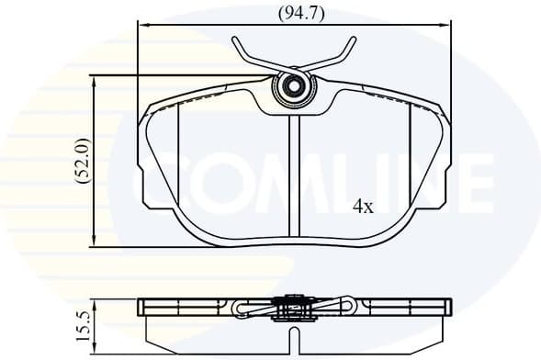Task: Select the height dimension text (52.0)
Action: tap(83, 163)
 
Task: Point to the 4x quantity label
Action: tap(363, 207)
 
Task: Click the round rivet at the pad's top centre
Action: tap(294, 89)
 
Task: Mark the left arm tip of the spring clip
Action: tap(236, 39)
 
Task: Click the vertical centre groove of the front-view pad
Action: tap(292, 174)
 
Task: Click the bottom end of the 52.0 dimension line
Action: tap(96, 246)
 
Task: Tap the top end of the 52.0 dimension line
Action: tap(96, 76)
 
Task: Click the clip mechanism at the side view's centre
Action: tap(292, 308)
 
